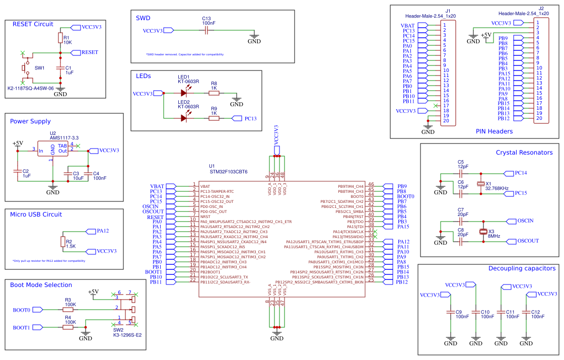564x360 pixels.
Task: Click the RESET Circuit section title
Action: pos(32,24)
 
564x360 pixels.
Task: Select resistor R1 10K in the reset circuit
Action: pos(60,39)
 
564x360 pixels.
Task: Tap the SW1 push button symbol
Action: pos(24,67)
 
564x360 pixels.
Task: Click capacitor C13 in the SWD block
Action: pos(206,31)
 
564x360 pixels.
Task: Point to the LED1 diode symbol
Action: pos(184,93)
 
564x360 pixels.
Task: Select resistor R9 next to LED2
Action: pos(214,118)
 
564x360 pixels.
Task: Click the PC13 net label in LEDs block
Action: pos(250,119)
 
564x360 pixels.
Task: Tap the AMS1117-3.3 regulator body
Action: pos(53,150)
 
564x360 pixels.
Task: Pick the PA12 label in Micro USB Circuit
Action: pos(103,231)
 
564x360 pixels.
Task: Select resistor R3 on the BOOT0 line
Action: pos(68,310)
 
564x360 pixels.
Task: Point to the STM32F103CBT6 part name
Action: pos(228,172)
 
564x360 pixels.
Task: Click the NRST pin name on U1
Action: pos(205,217)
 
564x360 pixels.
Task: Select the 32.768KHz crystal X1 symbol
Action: pos(480,184)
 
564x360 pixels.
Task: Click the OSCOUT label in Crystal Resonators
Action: pos(528,241)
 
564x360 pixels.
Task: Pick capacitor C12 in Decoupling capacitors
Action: pos(526,313)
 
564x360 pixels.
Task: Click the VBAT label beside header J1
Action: pos(407,25)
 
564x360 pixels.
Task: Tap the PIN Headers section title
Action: pos(494,131)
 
